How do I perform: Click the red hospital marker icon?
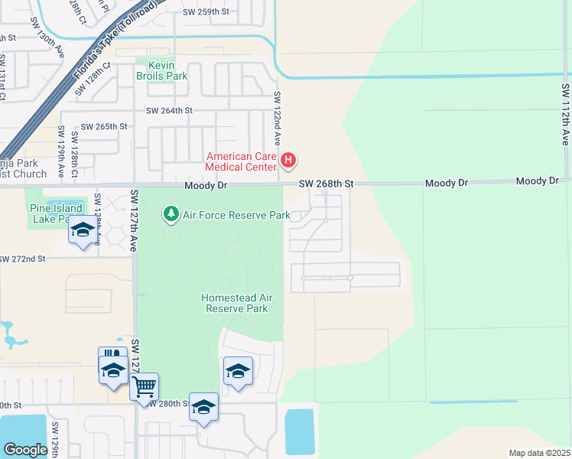point(288,161)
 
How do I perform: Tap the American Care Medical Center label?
point(241,161)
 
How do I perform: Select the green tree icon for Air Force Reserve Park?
point(171,214)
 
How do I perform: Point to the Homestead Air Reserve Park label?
point(237,303)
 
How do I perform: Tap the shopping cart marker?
point(144,386)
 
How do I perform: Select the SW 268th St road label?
point(327,184)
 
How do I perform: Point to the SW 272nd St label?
point(23,259)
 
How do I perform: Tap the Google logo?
point(25,449)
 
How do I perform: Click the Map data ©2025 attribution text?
point(538,453)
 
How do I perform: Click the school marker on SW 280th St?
point(203,407)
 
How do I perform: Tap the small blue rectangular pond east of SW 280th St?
point(299,431)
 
